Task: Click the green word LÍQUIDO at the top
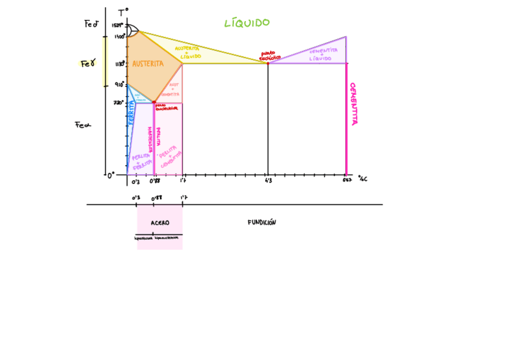click(x=247, y=23)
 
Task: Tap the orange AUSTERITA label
click(x=147, y=64)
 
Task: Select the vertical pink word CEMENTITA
click(x=353, y=103)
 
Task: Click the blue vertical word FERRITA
click(x=131, y=113)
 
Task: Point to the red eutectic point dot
click(x=268, y=63)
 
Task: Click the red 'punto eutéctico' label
click(x=268, y=56)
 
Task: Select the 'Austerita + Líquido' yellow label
click(x=187, y=52)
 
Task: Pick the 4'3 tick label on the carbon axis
click(x=268, y=180)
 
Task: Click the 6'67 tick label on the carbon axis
click(x=347, y=180)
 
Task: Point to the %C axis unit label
click(x=362, y=178)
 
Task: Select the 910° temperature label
click(x=119, y=85)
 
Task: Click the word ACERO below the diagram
click(x=160, y=222)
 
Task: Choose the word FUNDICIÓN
click(x=262, y=222)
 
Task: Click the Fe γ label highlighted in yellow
click(x=88, y=63)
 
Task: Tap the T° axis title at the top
click(x=123, y=13)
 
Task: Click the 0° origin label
click(x=111, y=175)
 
